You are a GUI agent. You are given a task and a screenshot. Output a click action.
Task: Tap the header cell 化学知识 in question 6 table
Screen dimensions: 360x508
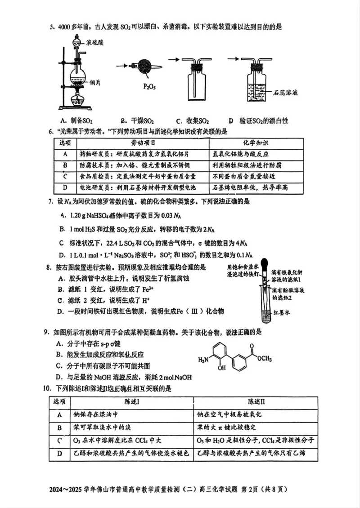(256, 143)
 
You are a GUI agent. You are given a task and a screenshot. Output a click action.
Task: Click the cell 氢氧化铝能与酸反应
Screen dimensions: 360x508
(241, 154)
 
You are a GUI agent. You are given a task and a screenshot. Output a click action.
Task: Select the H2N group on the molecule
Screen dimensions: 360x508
(203, 359)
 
